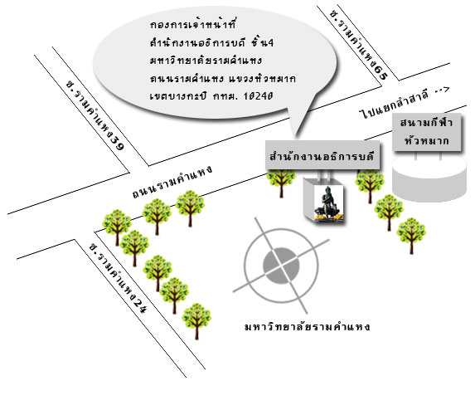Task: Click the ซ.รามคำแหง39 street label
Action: point(95,115)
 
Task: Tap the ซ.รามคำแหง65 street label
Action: point(359,45)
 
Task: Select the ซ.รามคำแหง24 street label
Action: point(119,278)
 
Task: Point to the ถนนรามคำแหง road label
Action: point(172,182)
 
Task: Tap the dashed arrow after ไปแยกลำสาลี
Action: point(442,90)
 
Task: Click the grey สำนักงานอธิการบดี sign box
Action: point(322,154)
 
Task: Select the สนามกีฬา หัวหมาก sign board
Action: point(427,132)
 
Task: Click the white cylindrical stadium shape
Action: point(429,178)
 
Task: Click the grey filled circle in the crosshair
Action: point(281,266)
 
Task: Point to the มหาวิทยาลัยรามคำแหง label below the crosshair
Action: point(308,327)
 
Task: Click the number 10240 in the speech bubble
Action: point(259,96)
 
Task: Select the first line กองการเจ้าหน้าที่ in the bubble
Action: point(192,24)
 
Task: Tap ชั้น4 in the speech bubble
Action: point(262,42)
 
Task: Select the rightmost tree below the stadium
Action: point(411,236)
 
